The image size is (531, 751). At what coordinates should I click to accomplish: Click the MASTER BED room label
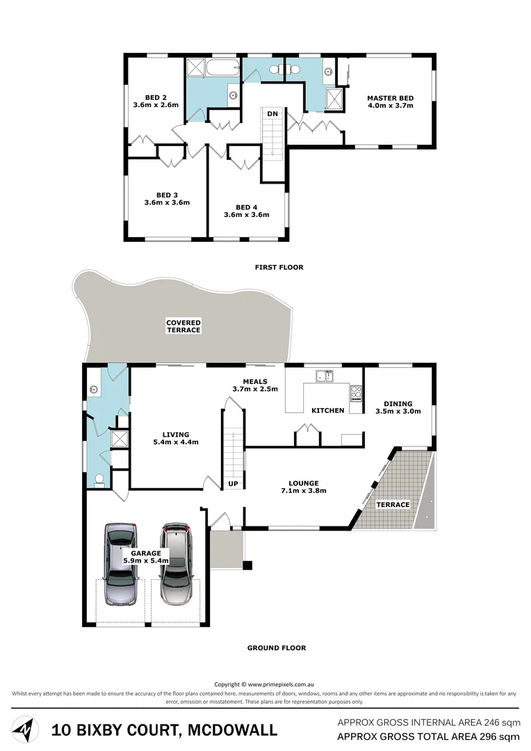tap(390, 98)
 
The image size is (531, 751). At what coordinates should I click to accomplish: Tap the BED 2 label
tap(155, 97)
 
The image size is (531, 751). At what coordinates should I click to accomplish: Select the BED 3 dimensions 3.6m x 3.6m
tap(167, 203)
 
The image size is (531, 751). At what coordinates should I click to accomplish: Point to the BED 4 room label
tap(246, 207)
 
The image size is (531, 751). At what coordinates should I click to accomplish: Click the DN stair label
tap(272, 113)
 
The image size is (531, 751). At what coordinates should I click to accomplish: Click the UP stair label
tap(233, 483)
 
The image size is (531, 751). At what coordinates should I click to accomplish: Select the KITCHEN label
tap(328, 410)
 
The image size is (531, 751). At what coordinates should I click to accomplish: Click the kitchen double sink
tap(324, 376)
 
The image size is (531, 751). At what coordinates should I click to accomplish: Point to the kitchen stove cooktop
tap(357, 394)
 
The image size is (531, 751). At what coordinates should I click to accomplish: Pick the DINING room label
tap(398, 403)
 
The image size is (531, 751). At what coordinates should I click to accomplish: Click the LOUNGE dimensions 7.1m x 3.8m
tap(304, 491)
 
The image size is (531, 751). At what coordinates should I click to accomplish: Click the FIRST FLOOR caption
tap(279, 267)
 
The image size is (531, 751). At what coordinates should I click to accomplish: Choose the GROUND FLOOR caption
tap(277, 648)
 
